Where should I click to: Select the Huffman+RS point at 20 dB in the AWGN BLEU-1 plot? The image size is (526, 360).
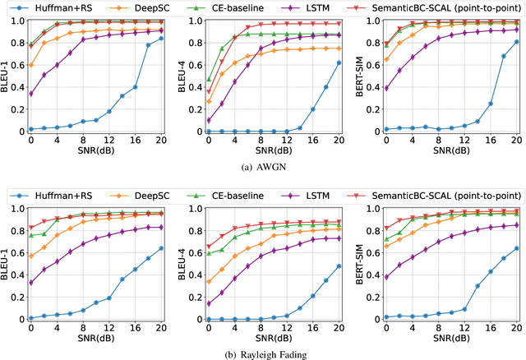[x=160, y=39]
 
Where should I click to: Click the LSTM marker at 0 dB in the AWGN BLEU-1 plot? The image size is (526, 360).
[x=31, y=94]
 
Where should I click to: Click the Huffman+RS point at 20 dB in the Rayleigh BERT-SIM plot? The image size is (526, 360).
[x=516, y=248]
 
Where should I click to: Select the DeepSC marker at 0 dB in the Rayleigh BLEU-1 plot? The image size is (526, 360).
[x=31, y=256]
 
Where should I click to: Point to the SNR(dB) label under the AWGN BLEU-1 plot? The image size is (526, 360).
[x=95, y=150]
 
